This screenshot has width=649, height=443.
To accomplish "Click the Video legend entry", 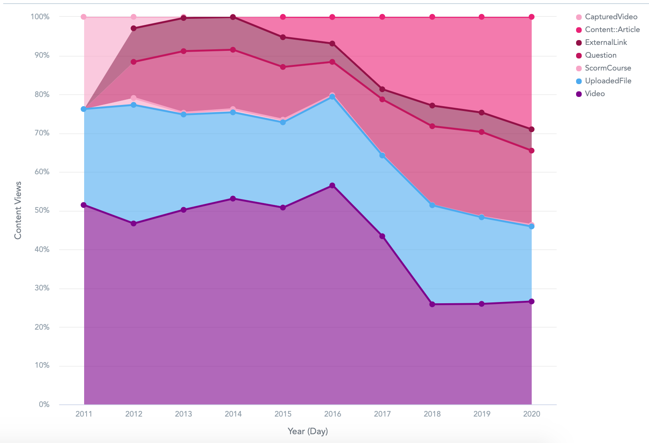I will pos(595,94).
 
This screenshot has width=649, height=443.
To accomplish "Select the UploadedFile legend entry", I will pos(608,81).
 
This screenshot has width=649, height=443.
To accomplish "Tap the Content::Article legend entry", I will pos(612,30).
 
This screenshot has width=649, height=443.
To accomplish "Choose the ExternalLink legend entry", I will pos(606,42).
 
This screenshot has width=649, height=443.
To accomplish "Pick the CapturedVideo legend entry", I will pos(611,17).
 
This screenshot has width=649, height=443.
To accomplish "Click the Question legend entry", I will pos(601,55).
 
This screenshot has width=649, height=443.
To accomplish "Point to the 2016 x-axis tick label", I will pos(333,414).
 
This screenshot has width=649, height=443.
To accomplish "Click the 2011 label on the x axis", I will pos(84,414).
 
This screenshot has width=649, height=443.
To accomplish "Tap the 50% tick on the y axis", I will pos(41,211).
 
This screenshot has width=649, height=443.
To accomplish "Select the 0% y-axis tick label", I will pos(44,405).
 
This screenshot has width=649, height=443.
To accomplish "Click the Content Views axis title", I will pos(18,210).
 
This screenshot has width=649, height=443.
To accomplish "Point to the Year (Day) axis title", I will pos(308,431).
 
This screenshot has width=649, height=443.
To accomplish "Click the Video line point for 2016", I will pos(333,185).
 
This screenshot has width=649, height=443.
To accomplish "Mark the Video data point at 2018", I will pos(432,304).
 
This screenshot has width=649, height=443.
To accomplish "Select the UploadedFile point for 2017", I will pos(382,155).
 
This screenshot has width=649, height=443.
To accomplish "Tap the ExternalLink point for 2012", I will pos(134,28).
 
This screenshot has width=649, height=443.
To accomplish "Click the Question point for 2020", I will pos(532,151).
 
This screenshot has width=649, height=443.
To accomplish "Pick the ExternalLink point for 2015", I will pos(283,37).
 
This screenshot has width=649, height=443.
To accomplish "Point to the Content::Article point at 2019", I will pos(482,17).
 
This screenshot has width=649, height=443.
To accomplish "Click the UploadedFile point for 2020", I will pos(532,227).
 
